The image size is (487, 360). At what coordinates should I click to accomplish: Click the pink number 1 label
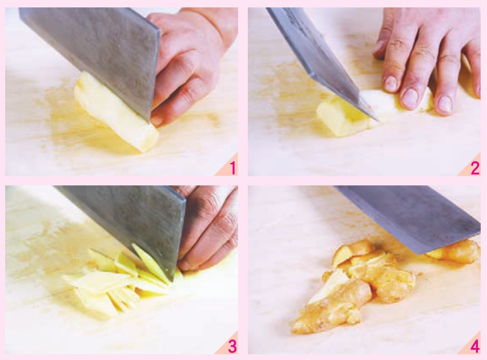pos(232,168)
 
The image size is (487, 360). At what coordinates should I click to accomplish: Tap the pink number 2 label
pos(475,168)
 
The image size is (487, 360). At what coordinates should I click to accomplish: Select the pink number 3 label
pos(232,346)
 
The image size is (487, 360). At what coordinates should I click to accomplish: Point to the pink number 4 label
pos(475,346)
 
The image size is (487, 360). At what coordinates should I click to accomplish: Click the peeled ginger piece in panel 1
pos(115,112)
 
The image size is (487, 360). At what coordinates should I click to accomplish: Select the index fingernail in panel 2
pos(391,83)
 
